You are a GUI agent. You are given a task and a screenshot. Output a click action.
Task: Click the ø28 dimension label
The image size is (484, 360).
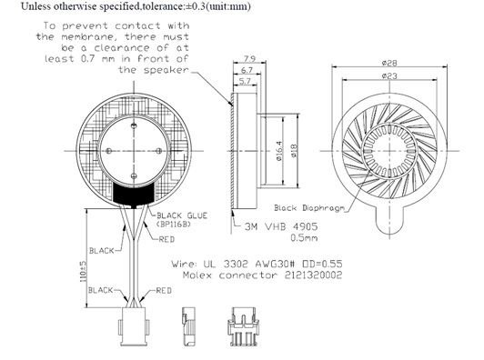(393, 63)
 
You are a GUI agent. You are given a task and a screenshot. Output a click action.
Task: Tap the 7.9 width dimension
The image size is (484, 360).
(246, 58)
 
